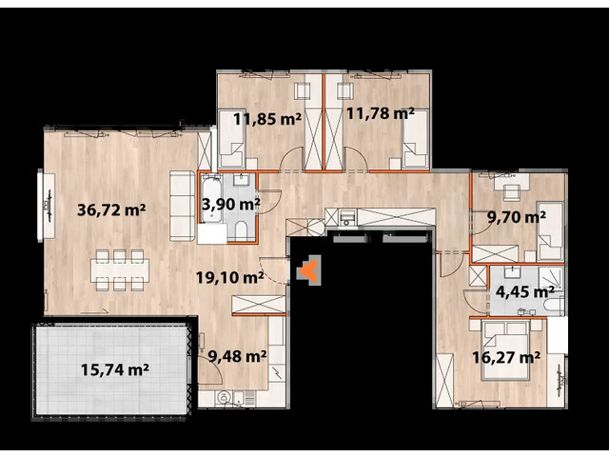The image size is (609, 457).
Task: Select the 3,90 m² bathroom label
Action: click(229, 203)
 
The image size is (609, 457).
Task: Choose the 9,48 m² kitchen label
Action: click(237, 358)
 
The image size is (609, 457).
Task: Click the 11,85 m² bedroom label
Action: click(267, 119)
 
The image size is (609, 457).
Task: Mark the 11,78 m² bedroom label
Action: click(380, 114)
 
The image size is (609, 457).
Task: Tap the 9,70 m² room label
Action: click(515, 216)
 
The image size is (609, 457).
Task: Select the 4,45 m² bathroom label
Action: click(523, 291)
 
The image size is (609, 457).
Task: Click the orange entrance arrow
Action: click(308, 272)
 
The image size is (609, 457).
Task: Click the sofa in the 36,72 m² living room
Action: click(178, 205)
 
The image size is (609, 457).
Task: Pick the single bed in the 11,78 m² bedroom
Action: click(414, 150)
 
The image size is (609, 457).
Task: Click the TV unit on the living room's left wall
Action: click(43, 207)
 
